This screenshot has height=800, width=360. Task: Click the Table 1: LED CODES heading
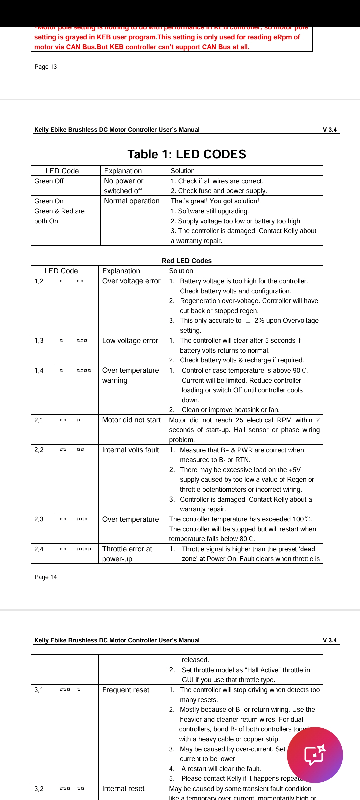pos(187,154)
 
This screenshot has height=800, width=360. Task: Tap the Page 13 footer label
pos(46,67)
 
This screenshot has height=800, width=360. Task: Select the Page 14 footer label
pos(46,577)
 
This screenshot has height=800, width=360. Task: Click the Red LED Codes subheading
pos(187,261)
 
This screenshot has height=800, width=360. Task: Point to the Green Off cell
pos(49,181)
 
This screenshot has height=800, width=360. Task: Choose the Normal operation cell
pos(132,201)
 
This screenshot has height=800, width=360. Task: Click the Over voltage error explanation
pos(131,281)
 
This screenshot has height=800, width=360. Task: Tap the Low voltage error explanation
pos(130,341)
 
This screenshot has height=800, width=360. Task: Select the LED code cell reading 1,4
pos(39,370)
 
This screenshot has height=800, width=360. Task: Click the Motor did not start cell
pos(131,420)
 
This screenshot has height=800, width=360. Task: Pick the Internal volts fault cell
pos(131,450)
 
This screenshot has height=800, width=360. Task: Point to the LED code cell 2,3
pos(39,519)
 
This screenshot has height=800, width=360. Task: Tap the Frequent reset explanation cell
pos(126,690)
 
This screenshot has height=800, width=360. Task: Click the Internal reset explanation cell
pos(123,789)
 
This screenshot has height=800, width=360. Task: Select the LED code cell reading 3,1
pos(39,690)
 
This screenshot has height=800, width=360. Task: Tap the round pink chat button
pos(315,755)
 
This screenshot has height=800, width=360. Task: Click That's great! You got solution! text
pos(215,201)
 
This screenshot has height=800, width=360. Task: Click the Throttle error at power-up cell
pos(127,554)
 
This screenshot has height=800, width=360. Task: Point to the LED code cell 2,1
pos(39,420)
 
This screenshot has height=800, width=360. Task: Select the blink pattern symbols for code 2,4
pos(75,549)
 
